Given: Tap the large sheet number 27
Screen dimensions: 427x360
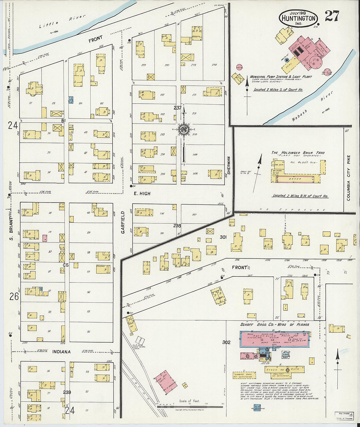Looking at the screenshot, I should tap(332, 16).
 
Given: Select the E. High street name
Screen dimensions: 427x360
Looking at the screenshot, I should tap(142, 194).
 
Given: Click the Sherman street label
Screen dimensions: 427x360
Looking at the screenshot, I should tap(229, 165).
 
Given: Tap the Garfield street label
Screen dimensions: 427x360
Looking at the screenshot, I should tap(123, 222).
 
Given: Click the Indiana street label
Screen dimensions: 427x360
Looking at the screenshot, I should tap(61, 352).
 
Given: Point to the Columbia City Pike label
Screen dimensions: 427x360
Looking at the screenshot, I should tap(348, 178).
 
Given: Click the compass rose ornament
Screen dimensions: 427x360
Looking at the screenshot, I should tap(184, 129).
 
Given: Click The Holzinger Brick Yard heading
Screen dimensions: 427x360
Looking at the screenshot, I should tap(298, 153).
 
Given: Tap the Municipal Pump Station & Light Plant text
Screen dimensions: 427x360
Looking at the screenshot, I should tap(281, 77).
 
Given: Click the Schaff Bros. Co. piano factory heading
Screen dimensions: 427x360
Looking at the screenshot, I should tap(275, 325).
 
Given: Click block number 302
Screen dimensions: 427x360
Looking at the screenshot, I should tap(226, 342).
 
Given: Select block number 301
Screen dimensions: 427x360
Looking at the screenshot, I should tap(223, 237).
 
